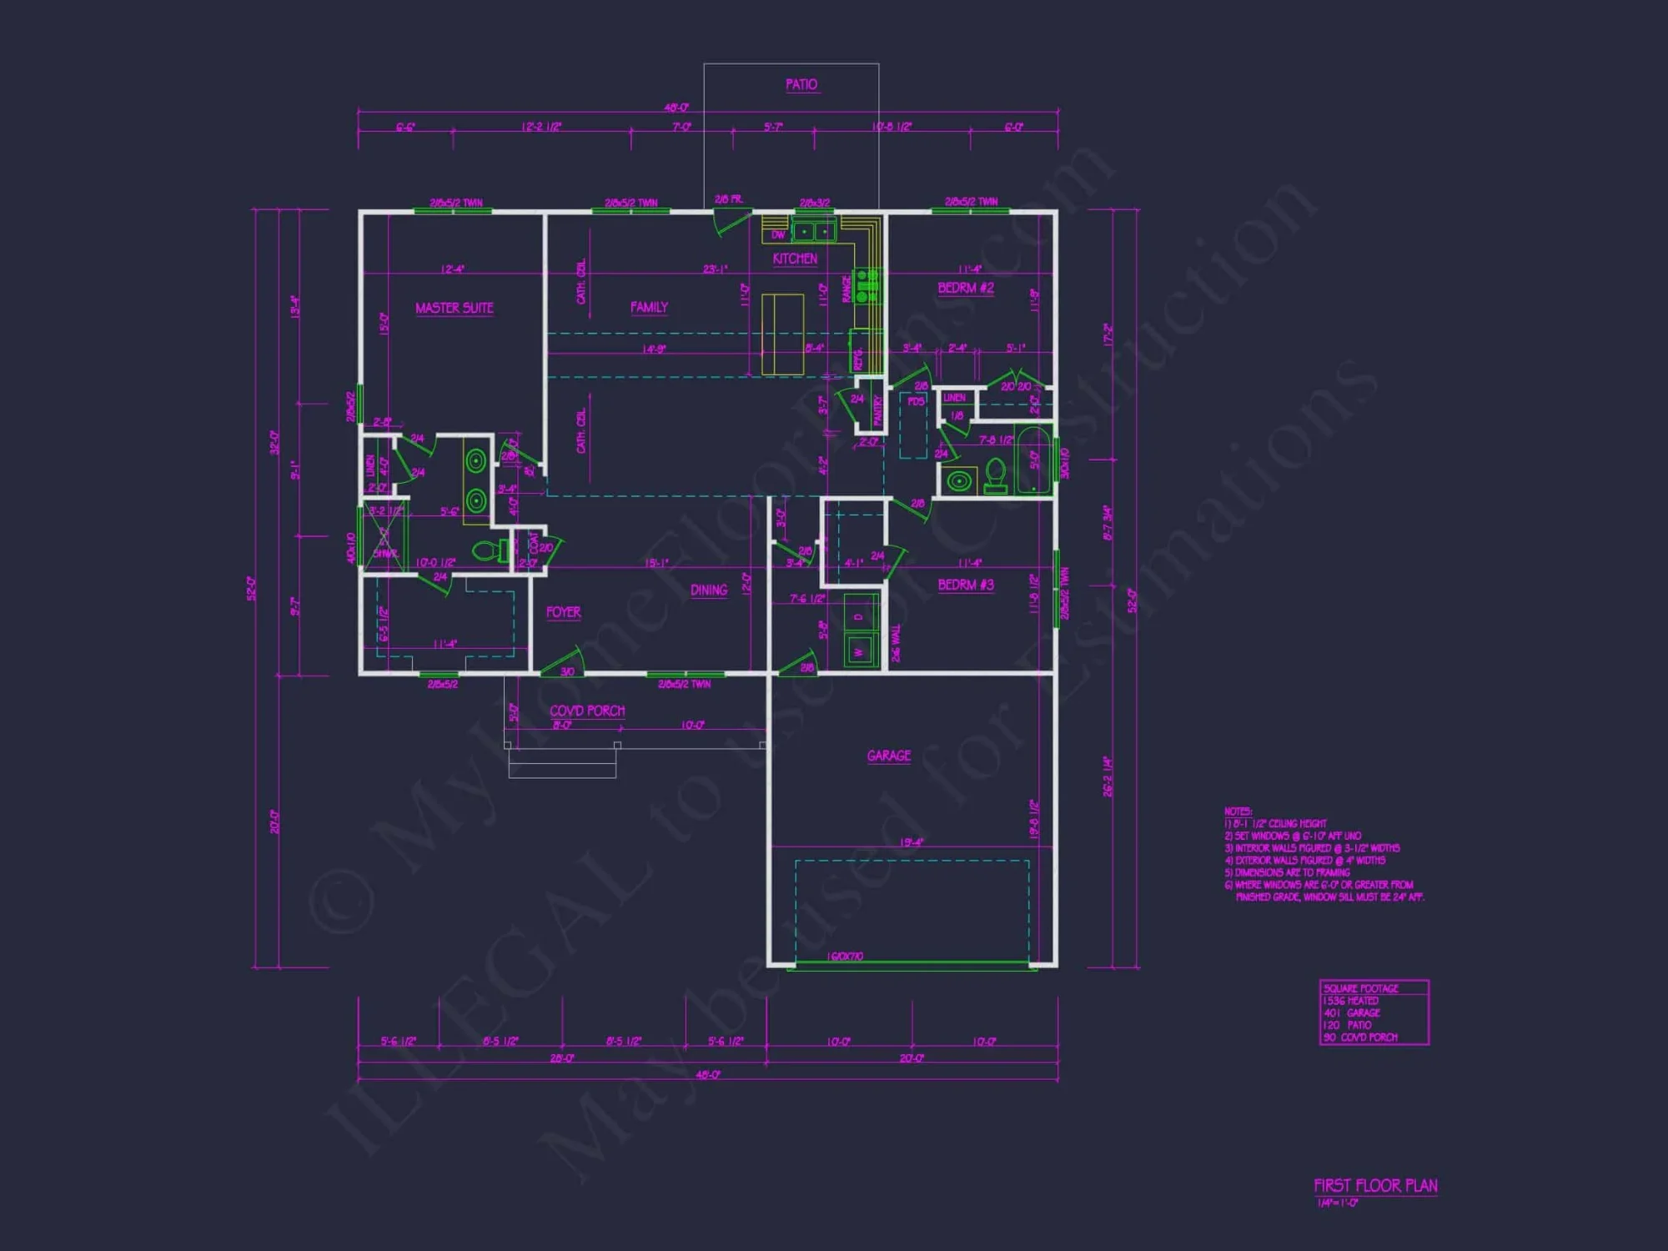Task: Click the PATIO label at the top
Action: (801, 84)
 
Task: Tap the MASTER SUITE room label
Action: (454, 308)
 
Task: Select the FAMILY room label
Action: (649, 307)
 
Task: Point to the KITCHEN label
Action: (795, 259)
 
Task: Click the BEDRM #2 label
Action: (966, 288)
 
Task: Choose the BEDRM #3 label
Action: (966, 585)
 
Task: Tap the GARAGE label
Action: (889, 756)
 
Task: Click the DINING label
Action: (709, 590)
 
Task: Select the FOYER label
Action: (564, 612)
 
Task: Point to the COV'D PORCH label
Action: (587, 711)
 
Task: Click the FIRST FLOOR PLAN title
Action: (1375, 1185)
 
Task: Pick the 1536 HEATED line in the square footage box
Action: (1351, 1001)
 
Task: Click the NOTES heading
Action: (1238, 811)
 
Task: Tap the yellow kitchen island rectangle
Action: (782, 334)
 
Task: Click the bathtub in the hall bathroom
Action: (1033, 460)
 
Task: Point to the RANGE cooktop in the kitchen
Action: (867, 286)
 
